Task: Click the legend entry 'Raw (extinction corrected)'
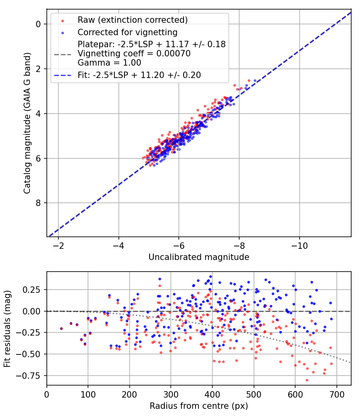click(132, 20)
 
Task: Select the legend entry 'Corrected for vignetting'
click(128, 32)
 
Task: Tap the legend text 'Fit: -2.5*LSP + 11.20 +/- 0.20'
click(139, 75)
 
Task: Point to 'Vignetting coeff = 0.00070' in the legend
click(134, 53)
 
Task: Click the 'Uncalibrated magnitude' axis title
click(199, 257)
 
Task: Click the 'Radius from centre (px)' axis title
click(199, 406)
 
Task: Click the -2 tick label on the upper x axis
click(58, 245)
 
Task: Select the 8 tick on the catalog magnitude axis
click(39, 203)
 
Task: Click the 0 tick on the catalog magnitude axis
click(39, 24)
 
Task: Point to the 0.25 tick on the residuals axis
click(34, 290)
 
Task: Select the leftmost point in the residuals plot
click(61, 328)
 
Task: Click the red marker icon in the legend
click(62, 20)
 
